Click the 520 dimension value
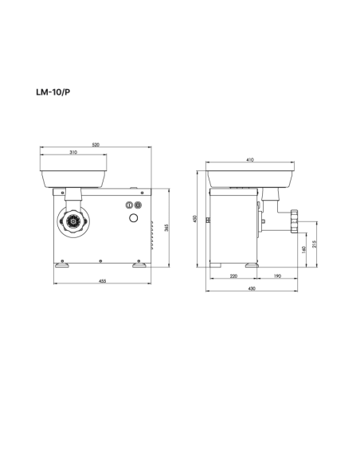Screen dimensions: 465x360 [x=96, y=145]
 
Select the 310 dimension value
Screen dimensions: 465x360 [x=72, y=152]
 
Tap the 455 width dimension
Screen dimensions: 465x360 [x=104, y=282]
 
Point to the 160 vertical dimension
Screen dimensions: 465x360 [x=304, y=249]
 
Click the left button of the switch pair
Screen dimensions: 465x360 [x=130, y=205]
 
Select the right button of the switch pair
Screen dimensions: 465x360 [x=138, y=205]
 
